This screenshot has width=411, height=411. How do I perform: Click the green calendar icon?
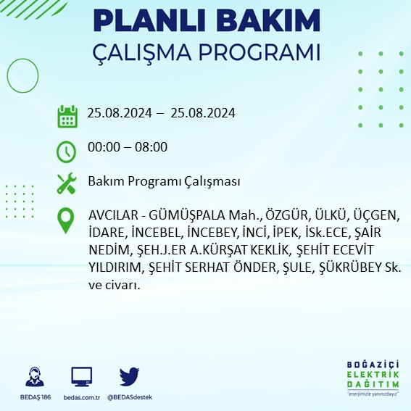click(67, 115)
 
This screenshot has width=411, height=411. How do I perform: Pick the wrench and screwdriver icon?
click(67, 183)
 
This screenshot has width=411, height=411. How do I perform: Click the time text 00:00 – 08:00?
click(127, 147)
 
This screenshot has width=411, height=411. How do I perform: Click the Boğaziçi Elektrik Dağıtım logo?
click(373, 378)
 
